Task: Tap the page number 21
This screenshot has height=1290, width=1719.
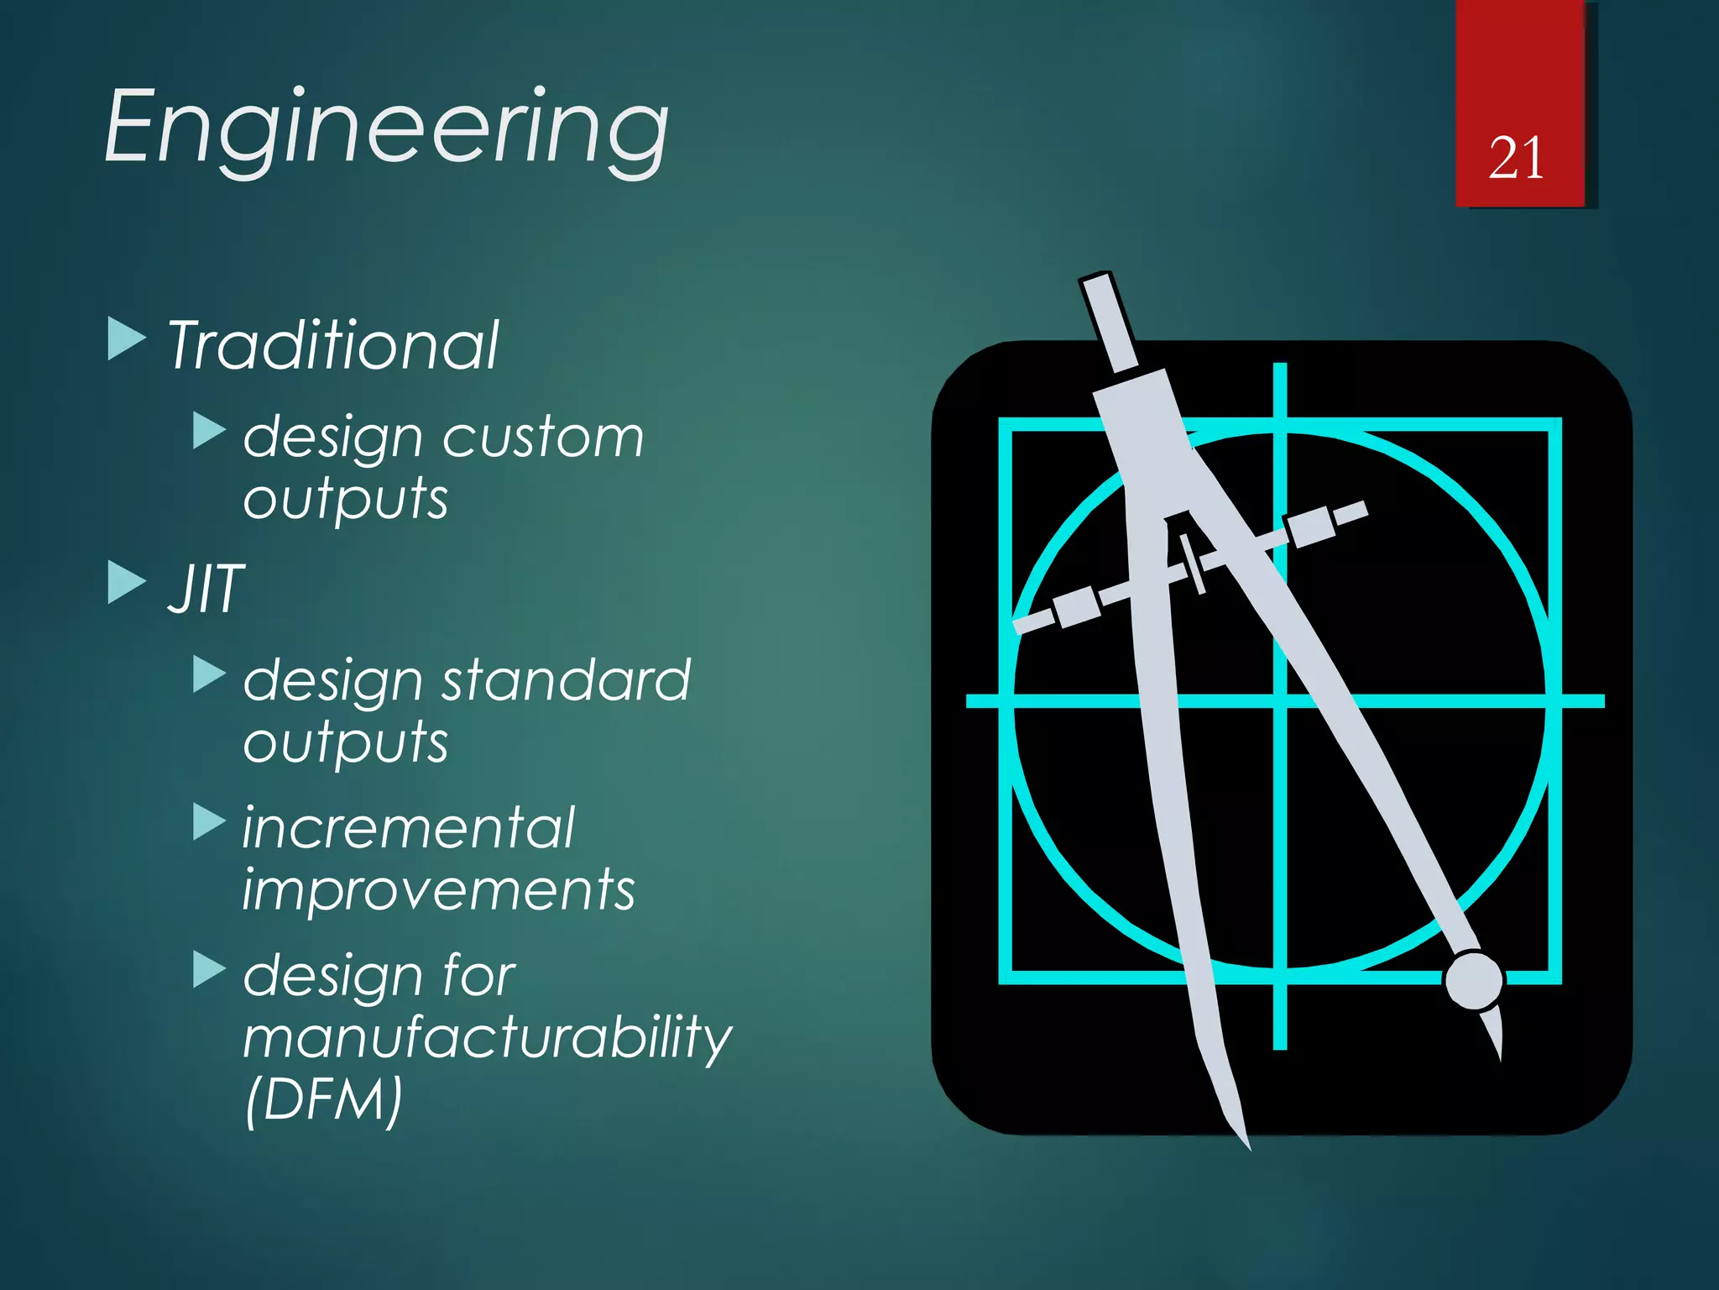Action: coord(1516,158)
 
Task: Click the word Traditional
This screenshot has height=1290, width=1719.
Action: coord(333,346)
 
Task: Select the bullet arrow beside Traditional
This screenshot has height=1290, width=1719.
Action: coord(127,338)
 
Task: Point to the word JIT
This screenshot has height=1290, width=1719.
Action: coord(206,589)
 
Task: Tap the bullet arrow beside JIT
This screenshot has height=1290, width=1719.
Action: coord(127,582)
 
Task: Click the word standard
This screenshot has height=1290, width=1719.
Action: coord(566,680)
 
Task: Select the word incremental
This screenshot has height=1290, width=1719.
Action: coord(409,828)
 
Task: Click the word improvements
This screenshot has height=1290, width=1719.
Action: coord(438,890)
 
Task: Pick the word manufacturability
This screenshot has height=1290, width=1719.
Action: coord(487,1038)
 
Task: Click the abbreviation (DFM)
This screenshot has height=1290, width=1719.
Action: coord(324,1099)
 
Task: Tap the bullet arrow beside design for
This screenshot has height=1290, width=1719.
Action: coord(209,969)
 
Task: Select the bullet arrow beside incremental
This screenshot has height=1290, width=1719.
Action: coord(209,821)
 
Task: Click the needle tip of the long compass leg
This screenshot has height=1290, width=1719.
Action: coord(1246,1142)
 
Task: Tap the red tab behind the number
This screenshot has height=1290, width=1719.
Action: coord(1519,67)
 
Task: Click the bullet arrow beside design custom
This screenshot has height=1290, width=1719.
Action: coord(209,430)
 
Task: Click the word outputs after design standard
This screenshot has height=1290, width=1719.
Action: coord(346,742)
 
